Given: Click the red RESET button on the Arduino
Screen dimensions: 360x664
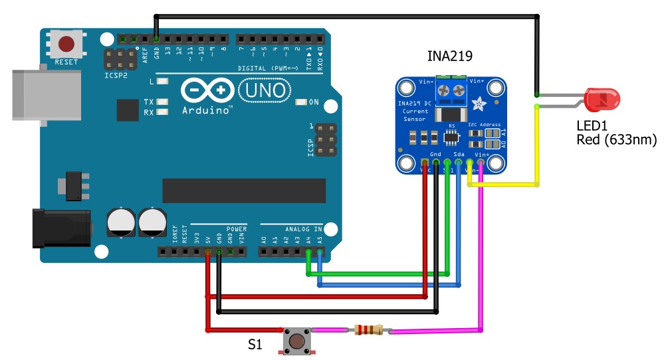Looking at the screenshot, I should (66, 45).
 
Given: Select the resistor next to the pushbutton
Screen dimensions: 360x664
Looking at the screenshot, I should (368, 329).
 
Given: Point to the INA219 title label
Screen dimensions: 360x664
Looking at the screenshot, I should (449, 56).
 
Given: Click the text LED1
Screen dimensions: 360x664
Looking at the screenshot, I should (592, 126).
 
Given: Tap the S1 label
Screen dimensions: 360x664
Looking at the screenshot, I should (255, 345).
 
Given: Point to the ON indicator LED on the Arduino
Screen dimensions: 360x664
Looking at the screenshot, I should (301, 102).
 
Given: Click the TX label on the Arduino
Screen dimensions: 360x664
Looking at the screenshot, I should (149, 102).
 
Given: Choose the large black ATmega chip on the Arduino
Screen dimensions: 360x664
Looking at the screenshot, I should (244, 191).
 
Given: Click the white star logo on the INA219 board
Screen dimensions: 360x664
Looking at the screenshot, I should (479, 102).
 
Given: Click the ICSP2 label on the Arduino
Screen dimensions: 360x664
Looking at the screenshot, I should (116, 75).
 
